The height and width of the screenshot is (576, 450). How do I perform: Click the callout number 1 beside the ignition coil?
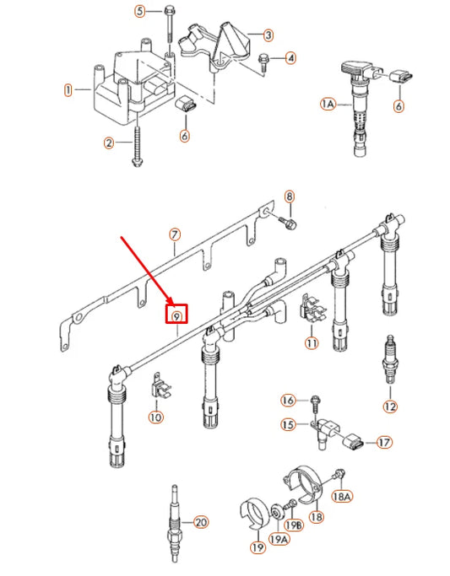coord(68,89)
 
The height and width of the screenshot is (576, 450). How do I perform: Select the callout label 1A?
coord(328,104)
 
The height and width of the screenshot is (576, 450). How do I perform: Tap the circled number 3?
coord(268,35)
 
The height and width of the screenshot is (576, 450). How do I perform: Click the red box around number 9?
coord(176,316)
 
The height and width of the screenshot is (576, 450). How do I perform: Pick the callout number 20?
coord(200,522)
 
